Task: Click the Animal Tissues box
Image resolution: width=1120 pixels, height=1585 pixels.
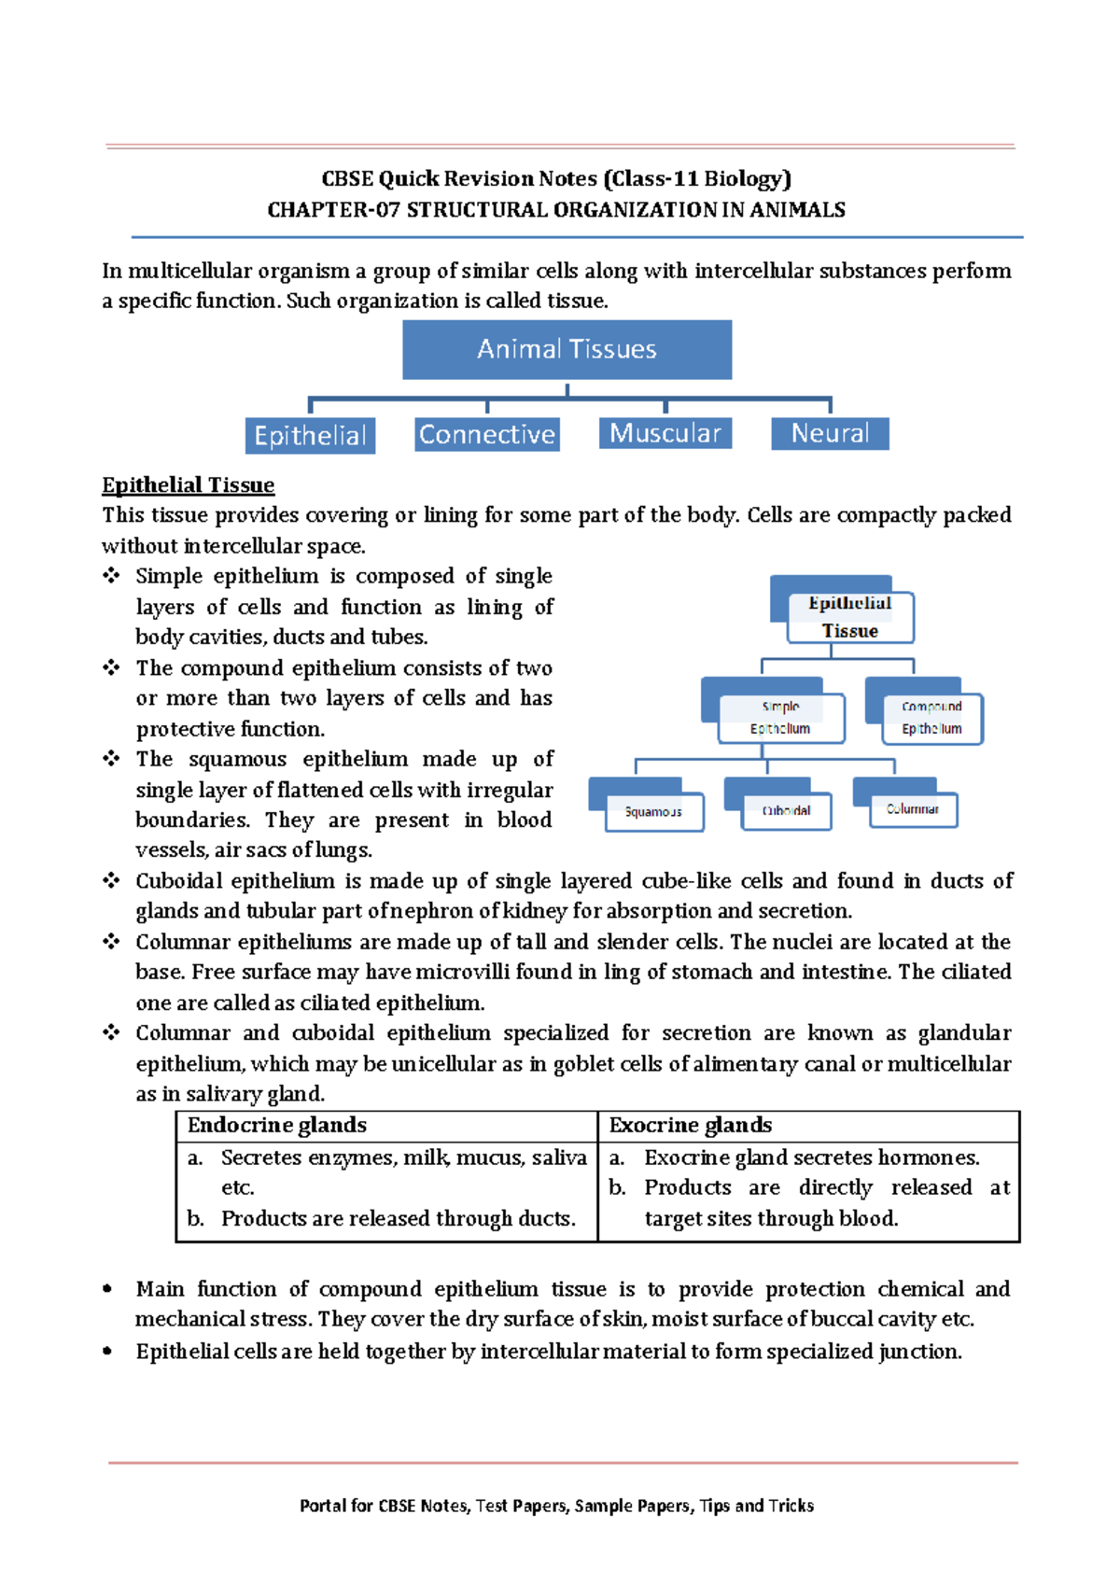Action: coord(567,349)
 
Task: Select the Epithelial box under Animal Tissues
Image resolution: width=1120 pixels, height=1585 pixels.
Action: coord(310,436)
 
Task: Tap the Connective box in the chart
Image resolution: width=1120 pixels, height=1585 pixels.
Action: coord(486,434)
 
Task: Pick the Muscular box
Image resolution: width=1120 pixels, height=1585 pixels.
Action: coord(665,433)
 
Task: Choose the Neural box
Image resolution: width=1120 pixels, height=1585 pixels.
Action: coord(830,433)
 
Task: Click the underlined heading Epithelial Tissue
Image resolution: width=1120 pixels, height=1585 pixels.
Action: coord(188,485)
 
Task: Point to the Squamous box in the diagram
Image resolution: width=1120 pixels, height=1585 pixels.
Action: coord(653,811)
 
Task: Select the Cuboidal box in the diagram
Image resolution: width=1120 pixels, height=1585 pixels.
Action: coord(786,810)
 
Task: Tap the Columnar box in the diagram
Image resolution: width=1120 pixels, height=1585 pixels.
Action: coord(912,808)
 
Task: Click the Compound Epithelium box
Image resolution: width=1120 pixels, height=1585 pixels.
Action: coord(931,718)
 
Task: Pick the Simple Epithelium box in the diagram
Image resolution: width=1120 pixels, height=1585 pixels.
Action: coord(780,718)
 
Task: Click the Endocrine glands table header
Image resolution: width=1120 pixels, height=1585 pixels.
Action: coord(277,1126)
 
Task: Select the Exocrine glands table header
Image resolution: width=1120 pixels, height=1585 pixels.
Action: coord(690,1126)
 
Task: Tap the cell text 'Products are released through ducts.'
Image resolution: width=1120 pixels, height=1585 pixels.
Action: coord(398,1219)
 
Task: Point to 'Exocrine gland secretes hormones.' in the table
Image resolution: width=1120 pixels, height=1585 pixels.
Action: coord(811,1158)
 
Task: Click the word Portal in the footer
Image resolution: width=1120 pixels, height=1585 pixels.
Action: coord(323,1506)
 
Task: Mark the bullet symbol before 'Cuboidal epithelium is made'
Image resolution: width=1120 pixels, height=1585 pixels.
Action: coord(111,880)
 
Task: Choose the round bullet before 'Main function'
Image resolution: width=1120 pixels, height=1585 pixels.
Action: coord(108,1289)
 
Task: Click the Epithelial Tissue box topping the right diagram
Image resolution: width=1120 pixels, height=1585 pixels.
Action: coord(849,617)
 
